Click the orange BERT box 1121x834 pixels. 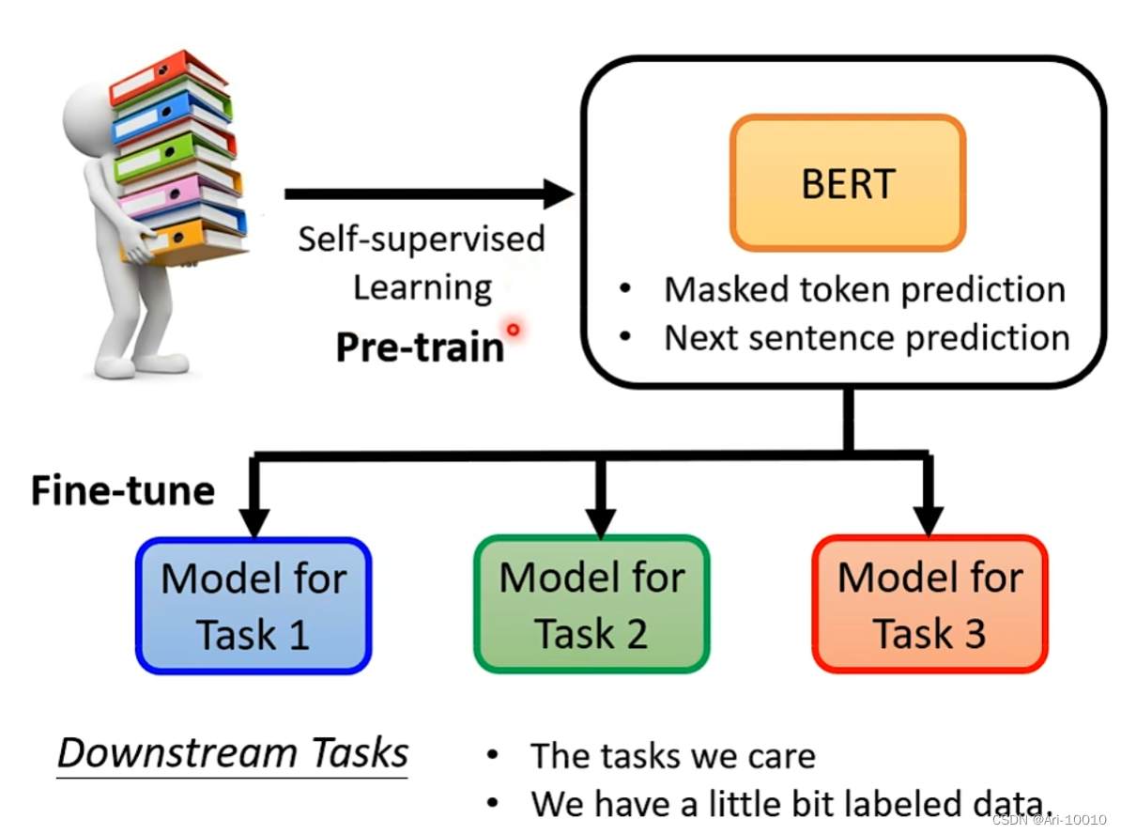[848, 183]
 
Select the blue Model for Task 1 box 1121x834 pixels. [253, 606]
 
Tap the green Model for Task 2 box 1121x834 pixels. [591, 606]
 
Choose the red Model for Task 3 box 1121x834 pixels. [929, 606]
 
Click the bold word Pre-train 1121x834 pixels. [420, 347]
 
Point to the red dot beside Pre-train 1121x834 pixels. [513, 330]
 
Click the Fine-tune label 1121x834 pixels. [123, 490]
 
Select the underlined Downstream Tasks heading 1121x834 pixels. [233, 753]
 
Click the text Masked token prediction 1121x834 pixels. [865, 289]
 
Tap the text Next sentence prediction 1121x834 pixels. [867, 338]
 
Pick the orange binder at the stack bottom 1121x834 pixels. [188, 239]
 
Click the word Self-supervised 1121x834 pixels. [421, 239]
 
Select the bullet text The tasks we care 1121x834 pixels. [672, 756]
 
